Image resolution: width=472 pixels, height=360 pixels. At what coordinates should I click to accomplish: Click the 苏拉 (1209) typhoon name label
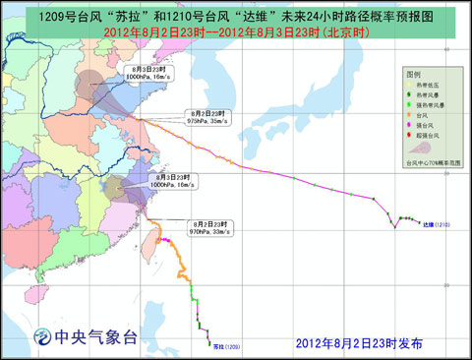click(225, 346)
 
